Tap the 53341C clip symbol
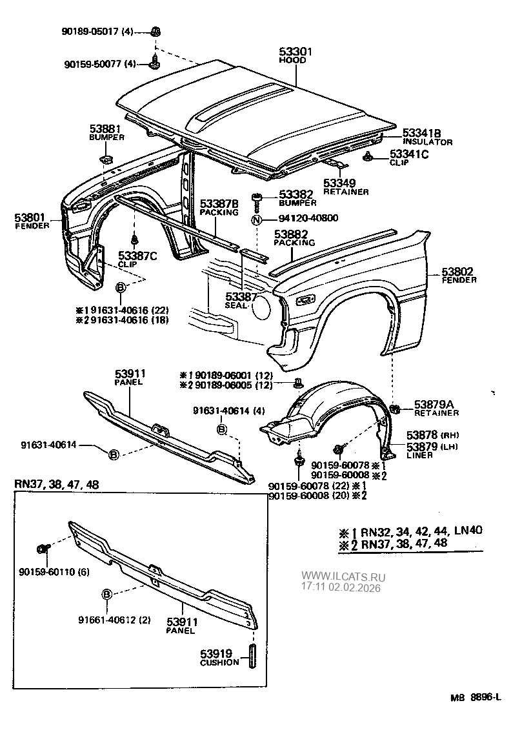tap(368, 156)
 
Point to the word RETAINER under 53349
tap(346, 192)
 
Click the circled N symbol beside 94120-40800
tap(257, 218)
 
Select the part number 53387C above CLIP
tap(138, 256)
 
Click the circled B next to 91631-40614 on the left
tap(114, 454)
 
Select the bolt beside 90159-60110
tap(44, 549)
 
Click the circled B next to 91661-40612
tap(108, 594)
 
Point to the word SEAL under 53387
tap(236, 306)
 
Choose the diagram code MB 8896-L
tap(476, 698)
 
